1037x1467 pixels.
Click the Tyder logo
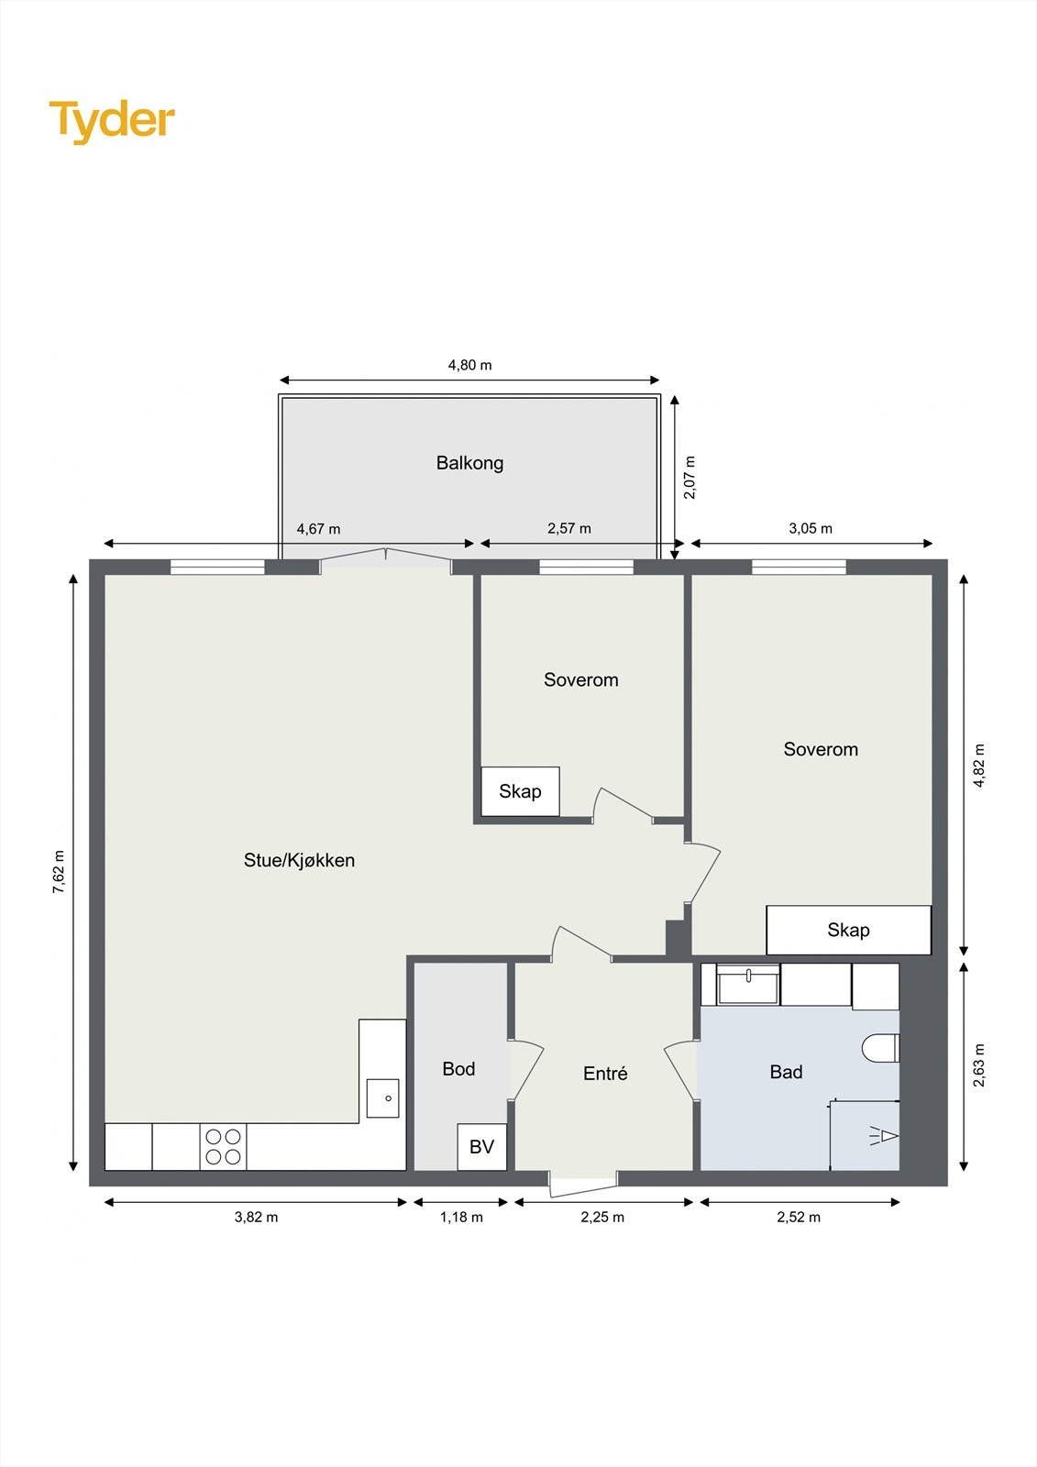pos(111,120)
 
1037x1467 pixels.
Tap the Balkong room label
pos(469,463)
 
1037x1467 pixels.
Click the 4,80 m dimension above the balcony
pos(469,365)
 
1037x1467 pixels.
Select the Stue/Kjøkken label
pos(299,860)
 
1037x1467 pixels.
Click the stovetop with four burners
pos(223,1146)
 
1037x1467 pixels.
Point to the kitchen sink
pos(382,1097)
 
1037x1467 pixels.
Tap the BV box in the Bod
pos(481,1146)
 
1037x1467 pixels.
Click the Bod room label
pos(458,1069)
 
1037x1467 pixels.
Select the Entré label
pos(605,1074)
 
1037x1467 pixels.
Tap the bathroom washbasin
pos(748,987)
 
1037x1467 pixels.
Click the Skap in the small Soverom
pos(520,791)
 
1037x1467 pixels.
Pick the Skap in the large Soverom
pos(848,930)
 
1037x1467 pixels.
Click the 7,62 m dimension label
pos(59,872)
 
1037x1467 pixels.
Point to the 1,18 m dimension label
pos(461,1217)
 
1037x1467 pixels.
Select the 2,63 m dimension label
pos(979,1065)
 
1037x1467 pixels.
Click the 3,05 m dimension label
pos(811,528)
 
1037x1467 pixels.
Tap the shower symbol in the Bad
pos(884,1136)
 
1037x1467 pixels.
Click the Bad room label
pos(786,1072)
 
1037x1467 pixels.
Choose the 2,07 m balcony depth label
pos(689,477)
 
